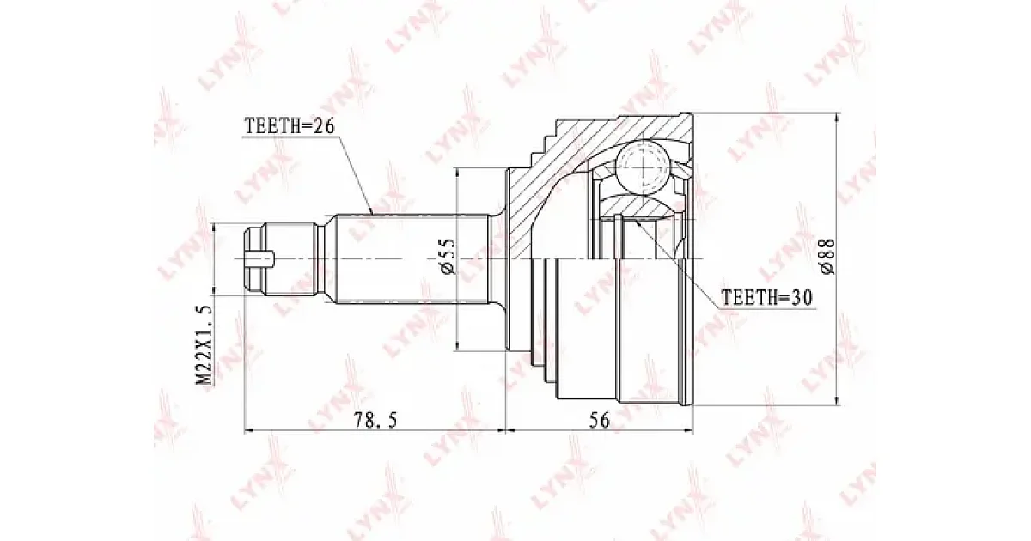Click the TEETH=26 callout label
[x=290, y=125]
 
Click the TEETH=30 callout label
[x=766, y=298]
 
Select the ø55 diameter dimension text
[x=448, y=257]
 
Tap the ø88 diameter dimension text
[x=827, y=257]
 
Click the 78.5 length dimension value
[x=375, y=420]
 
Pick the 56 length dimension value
[x=599, y=420]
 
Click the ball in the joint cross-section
[x=643, y=167]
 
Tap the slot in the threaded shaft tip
[x=259, y=258]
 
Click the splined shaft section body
[x=412, y=258]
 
